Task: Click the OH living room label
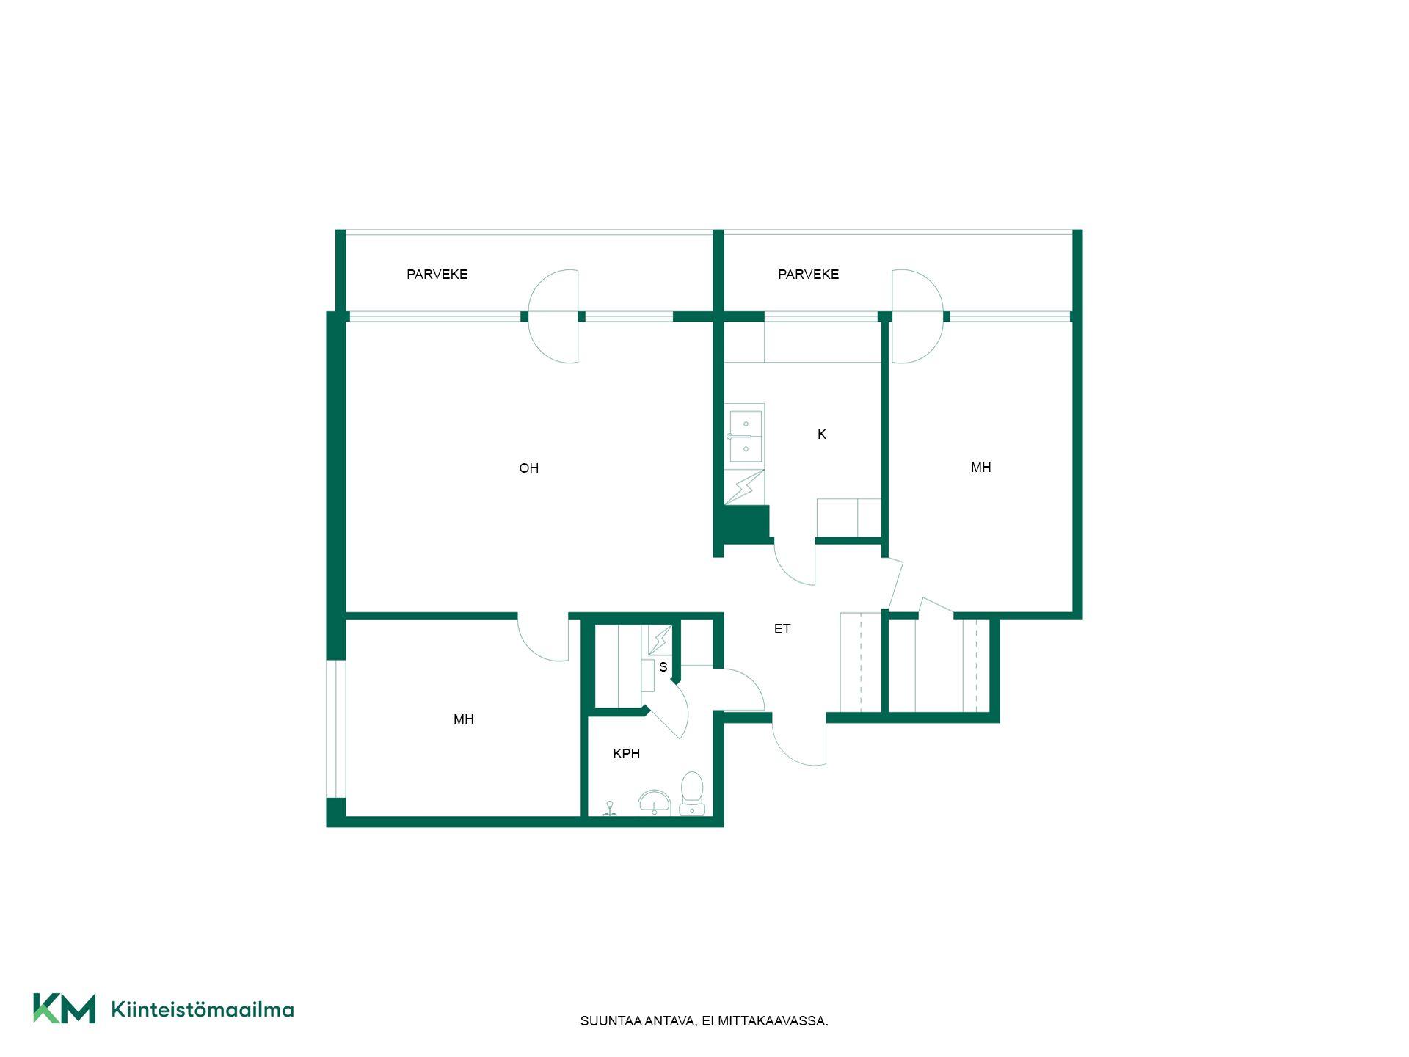[528, 468]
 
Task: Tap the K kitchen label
[821, 435]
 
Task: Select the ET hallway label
[782, 629]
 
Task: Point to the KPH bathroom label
[626, 754]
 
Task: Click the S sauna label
[663, 667]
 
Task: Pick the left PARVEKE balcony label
[437, 275]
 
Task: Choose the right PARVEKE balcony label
[808, 275]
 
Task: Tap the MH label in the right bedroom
[980, 468]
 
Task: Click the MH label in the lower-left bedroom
[463, 719]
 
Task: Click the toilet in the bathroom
[692, 793]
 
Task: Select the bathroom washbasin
[654, 803]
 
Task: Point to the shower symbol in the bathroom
[610, 809]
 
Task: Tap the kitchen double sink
[745, 436]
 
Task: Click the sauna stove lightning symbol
[660, 640]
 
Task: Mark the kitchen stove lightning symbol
[744, 487]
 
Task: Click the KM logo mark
[64, 1008]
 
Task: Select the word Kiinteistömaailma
[203, 1010]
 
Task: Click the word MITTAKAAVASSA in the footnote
[773, 1021]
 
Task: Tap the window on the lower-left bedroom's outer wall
[335, 728]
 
